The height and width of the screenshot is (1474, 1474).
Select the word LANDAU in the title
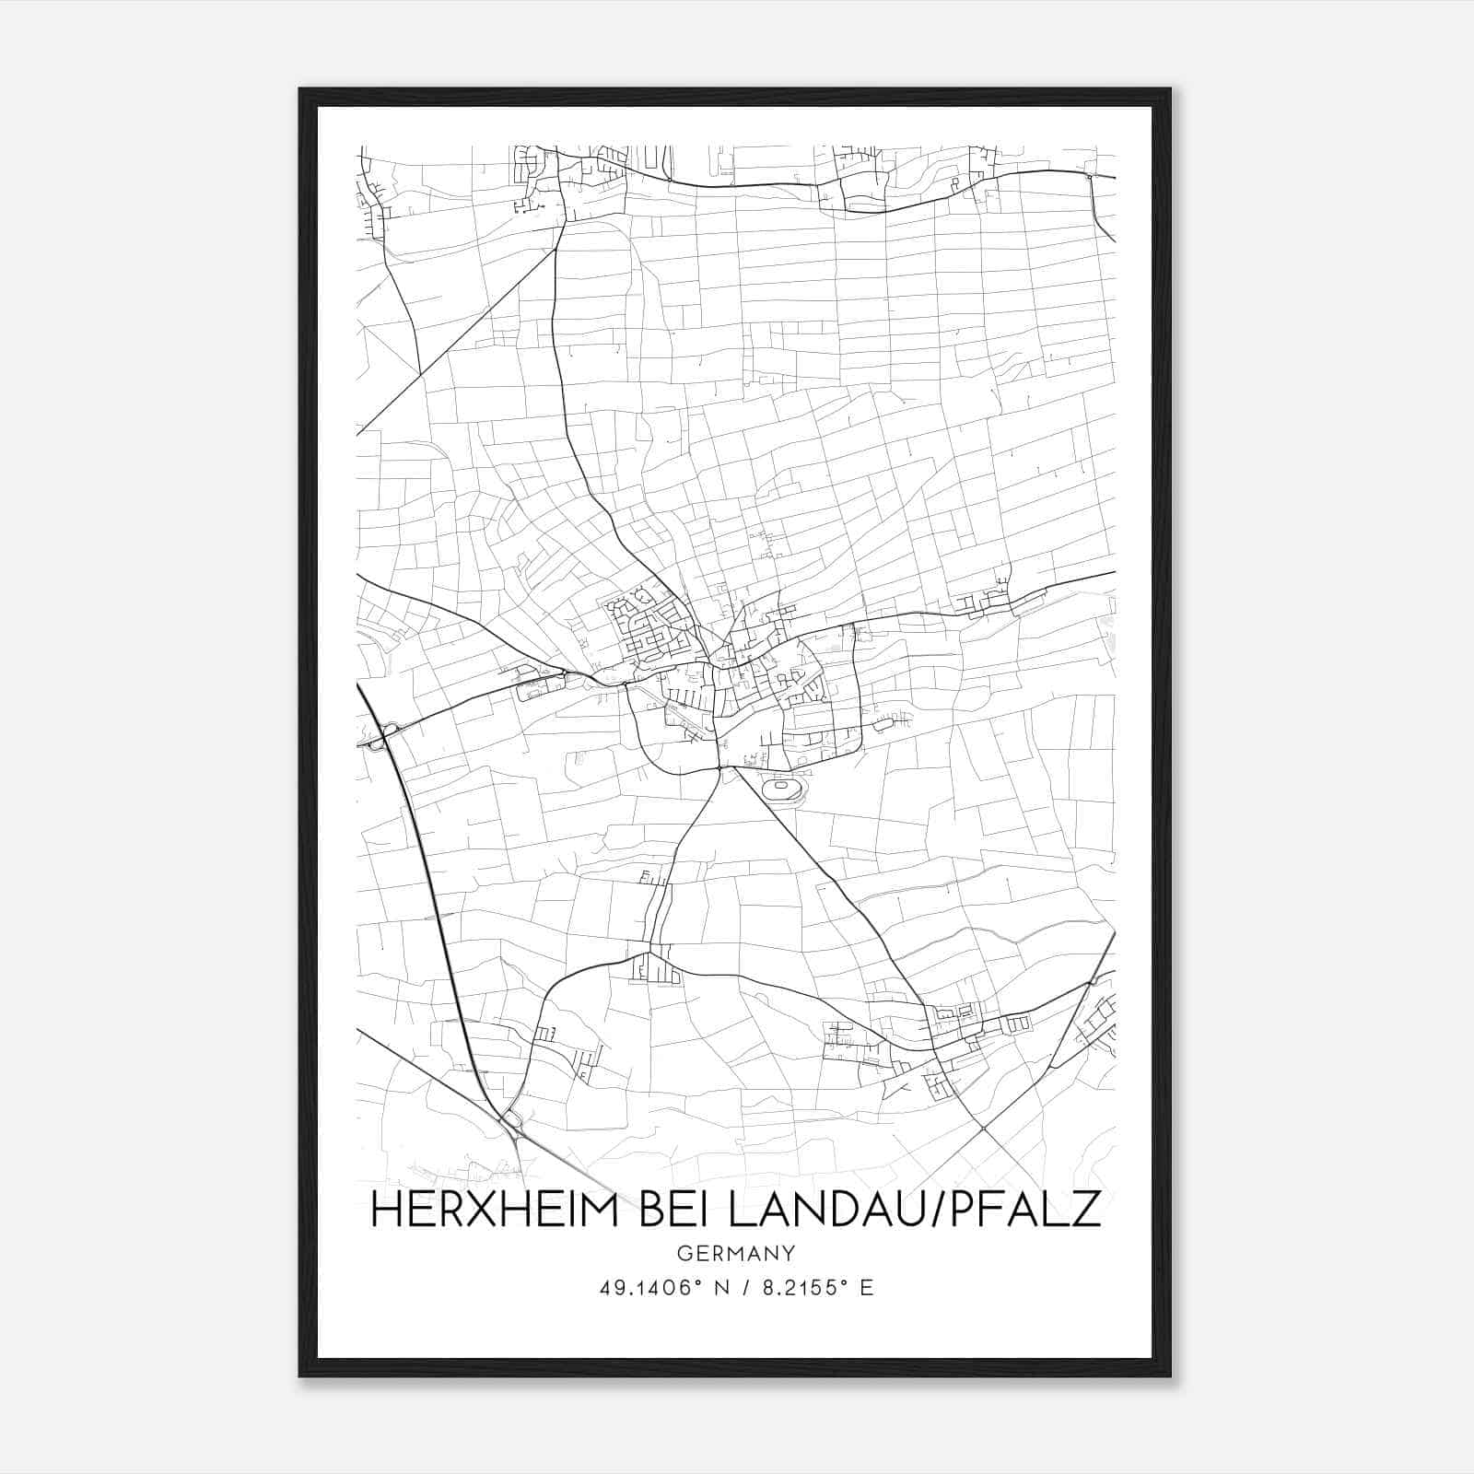(x=828, y=1211)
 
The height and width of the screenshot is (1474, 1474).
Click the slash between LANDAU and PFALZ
(x=936, y=1211)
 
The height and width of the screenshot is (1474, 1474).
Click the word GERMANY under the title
(x=735, y=1254)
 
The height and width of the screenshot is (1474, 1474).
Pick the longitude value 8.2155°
(x=802, y=1288)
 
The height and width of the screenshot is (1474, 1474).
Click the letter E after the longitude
(x=865, y=1288)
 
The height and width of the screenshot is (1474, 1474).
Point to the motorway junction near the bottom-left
(x=509, y=1120)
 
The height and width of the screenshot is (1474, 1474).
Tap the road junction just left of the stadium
(x=719, y=766)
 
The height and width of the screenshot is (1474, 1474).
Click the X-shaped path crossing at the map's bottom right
(x=983, y=1128)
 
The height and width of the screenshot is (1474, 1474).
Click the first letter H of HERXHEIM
(x=382, y=1211)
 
